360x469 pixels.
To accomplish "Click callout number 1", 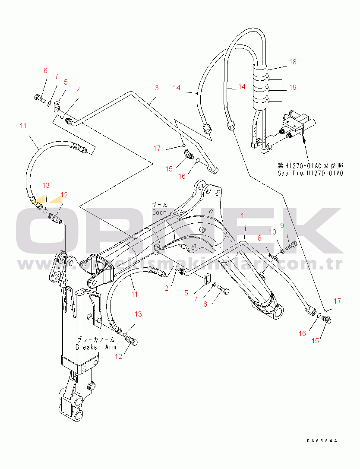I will click(243, 215).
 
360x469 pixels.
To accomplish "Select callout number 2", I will click(166, 288).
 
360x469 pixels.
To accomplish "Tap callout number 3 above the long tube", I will click(157, 88).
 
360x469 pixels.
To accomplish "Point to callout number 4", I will click(79, 90).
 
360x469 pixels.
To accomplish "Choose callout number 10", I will click(273, 232).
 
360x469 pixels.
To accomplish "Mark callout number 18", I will click(293, 62).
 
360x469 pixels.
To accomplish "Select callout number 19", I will click(293, 88).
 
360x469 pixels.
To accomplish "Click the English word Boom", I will click(159, 212).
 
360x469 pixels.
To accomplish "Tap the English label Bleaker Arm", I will click(96, 347).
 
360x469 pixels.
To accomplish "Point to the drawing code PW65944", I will click(322, 441).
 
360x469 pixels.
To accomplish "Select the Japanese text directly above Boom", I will click(159, 205).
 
